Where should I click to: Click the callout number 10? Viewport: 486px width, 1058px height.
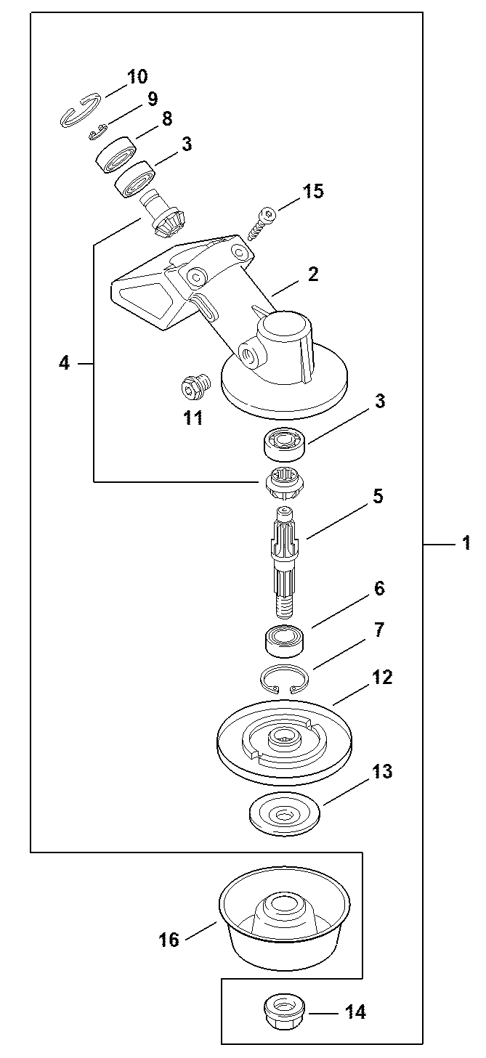pos(137,76)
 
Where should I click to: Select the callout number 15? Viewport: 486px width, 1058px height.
pos(312,191)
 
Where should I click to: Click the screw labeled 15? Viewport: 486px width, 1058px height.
pos(262,224)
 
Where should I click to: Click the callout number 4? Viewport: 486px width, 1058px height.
pos(64,363)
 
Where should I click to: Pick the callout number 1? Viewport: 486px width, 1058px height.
pos(466,542)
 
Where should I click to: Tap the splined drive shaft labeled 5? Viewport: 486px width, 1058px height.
pos(285,561)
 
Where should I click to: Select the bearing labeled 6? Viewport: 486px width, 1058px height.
pos(283,640)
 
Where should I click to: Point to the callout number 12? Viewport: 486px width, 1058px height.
pos(381,677)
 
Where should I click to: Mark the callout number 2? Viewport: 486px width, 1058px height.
pos(313,274)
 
